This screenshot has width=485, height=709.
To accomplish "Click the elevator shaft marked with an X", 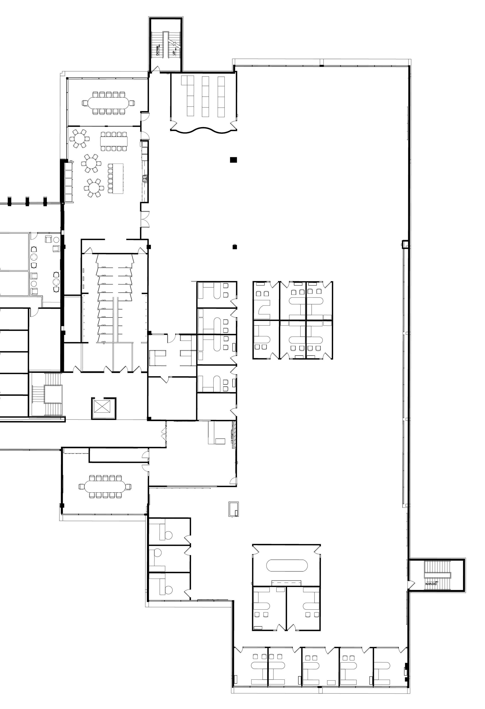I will (103, 408).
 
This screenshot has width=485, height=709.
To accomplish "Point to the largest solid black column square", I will (234, 159).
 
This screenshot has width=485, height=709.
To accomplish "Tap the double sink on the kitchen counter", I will (145, 179).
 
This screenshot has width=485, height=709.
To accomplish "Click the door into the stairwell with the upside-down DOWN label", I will (411, 583).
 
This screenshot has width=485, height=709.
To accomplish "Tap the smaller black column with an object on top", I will (234, 247).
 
